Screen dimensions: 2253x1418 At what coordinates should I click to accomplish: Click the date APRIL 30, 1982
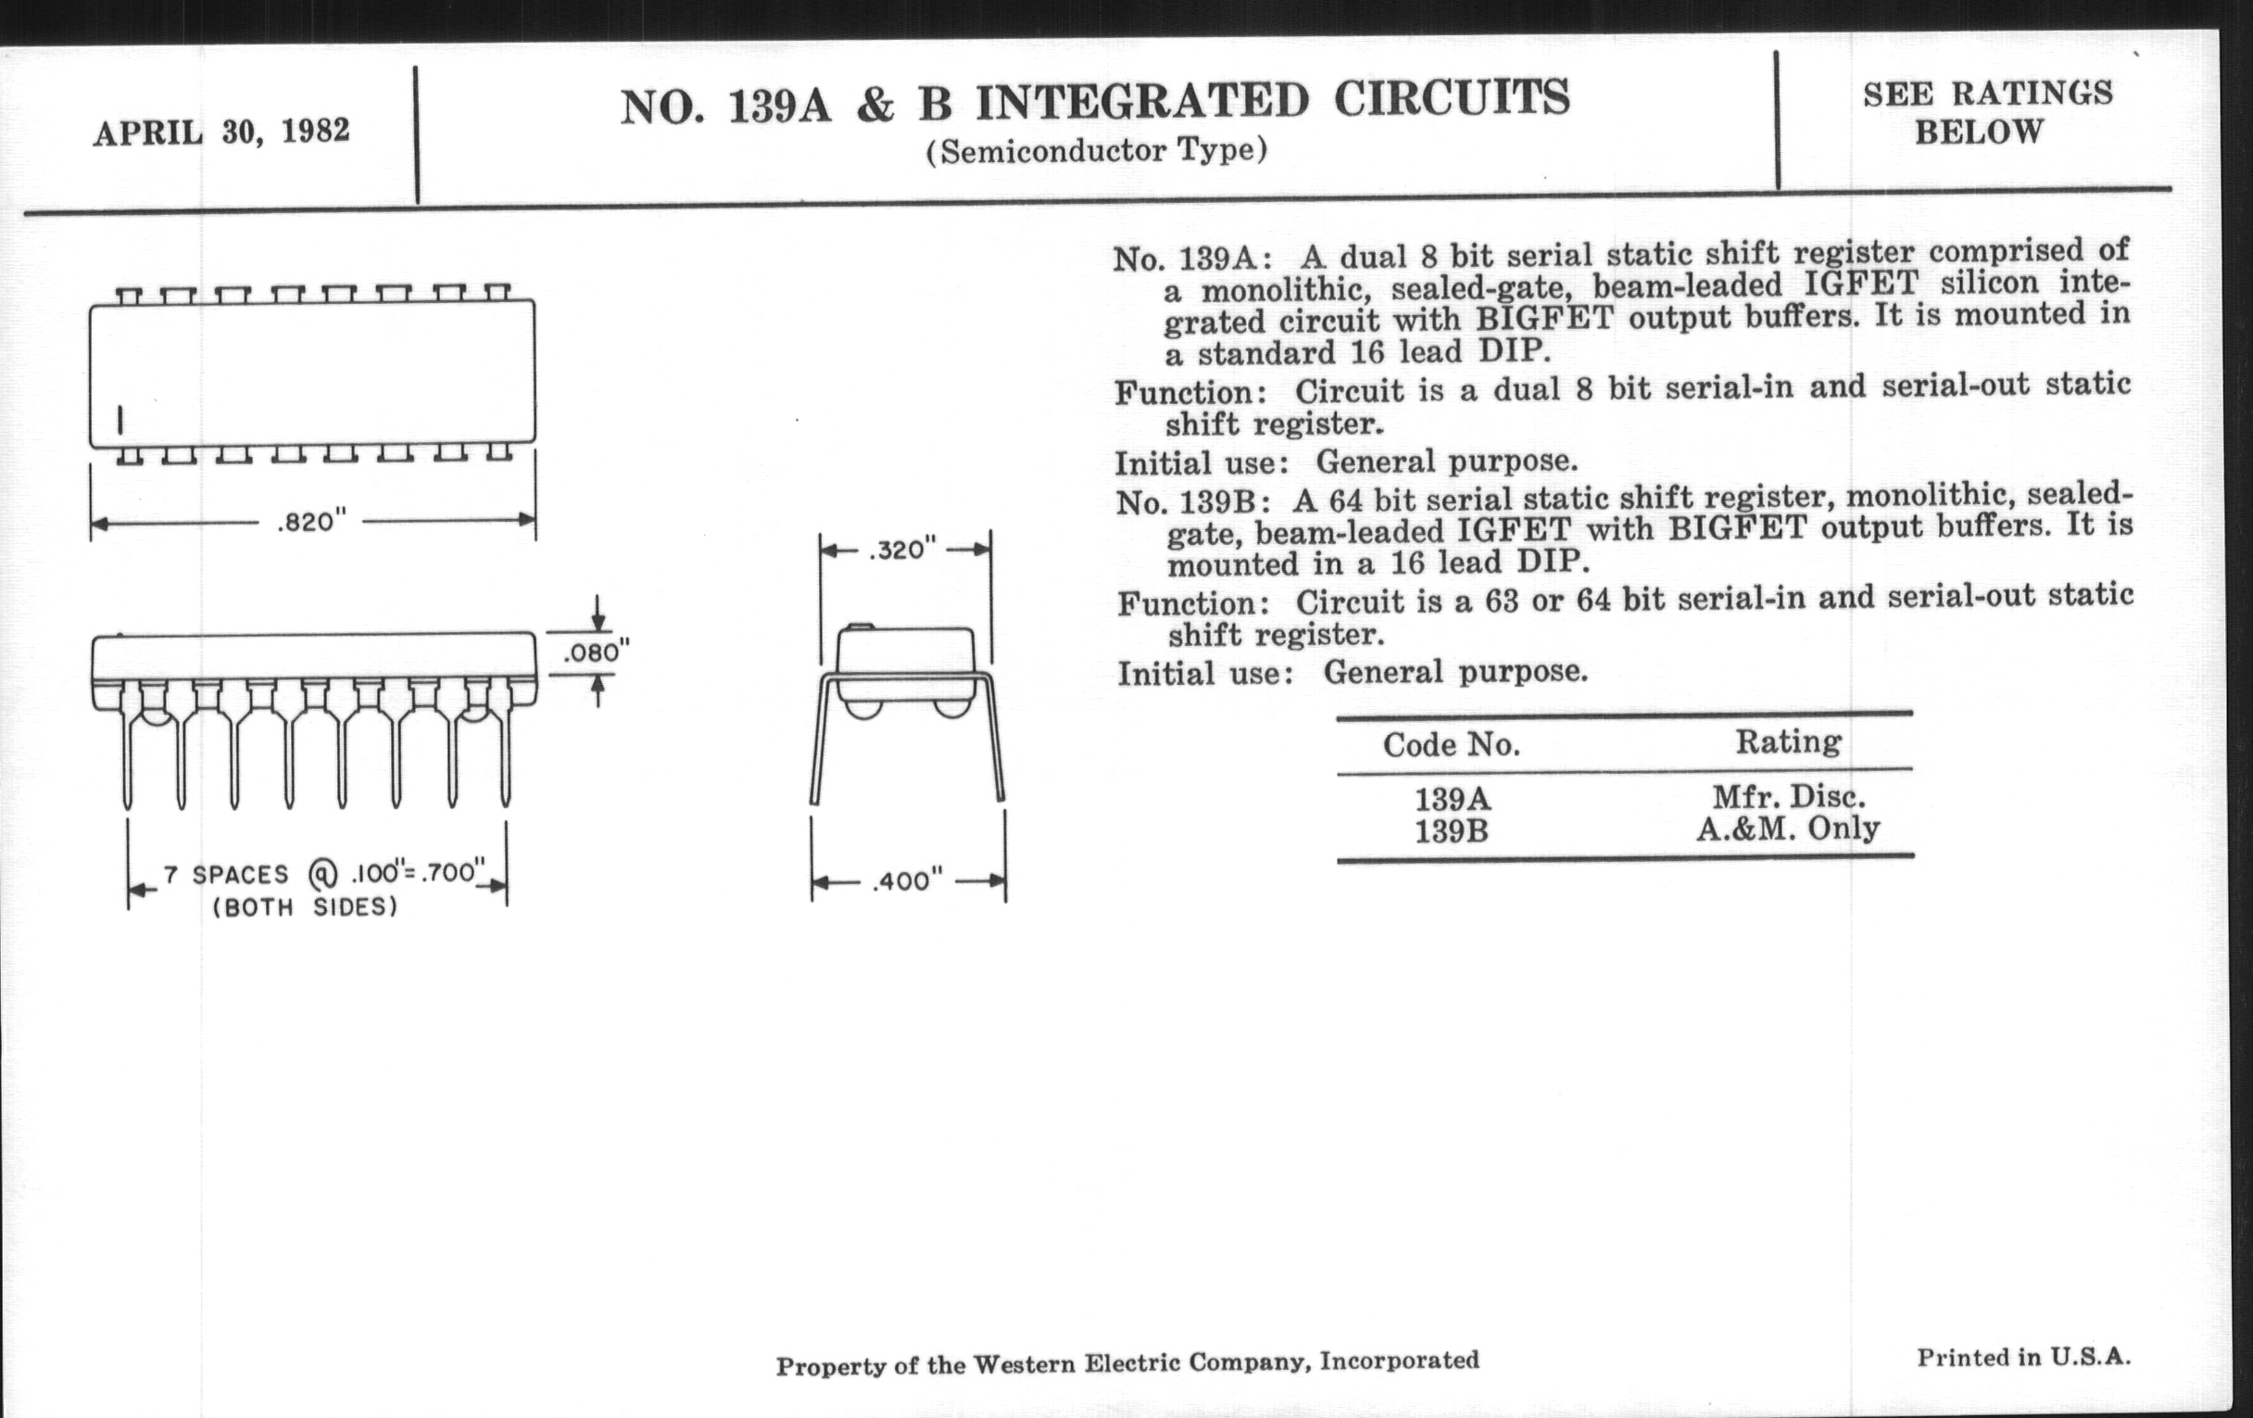pos(220,132)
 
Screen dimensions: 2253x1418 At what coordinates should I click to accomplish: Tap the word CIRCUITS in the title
pos(1451,98)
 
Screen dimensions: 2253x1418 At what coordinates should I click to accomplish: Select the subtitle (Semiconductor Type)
pos(1097,151)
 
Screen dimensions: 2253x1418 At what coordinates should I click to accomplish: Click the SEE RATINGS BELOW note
pos(1987,112)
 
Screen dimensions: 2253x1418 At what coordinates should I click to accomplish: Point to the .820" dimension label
pos(311,522)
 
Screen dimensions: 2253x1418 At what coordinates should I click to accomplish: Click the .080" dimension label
pos(596,652)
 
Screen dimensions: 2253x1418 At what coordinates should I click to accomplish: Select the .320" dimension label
pos(902,550)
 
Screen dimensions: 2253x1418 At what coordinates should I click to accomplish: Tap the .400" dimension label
pos(908,880)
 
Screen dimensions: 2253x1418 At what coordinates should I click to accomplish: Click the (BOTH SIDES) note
pos(305,907)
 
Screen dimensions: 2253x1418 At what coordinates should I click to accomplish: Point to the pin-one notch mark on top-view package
pos(120,420)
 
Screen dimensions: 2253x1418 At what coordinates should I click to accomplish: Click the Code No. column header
pos(1451,745)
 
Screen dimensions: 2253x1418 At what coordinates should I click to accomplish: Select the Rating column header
pos(1788,742)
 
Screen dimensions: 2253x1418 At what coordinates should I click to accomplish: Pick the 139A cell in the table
pos(1452,799)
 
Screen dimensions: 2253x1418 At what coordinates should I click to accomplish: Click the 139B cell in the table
pos(1451,831)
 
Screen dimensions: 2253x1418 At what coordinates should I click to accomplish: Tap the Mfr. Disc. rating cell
pos(1789,796)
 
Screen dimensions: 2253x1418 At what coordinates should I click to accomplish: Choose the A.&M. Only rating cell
pos(1788,829)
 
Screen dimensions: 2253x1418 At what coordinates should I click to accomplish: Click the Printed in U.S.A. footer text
pos(2024,1357)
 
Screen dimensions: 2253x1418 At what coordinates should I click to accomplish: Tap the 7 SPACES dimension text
pos(225,875)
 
